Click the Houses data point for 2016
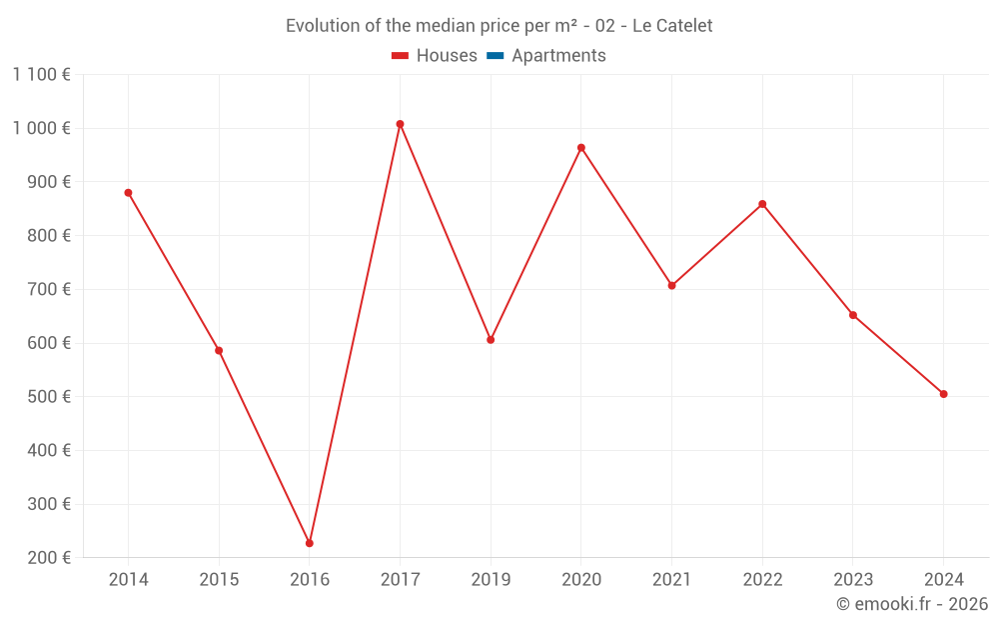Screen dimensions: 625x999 pos(310,543)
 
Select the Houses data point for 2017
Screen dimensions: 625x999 pos(400,124)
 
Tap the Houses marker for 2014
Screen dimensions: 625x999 pos(128,193)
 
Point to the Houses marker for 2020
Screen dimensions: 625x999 pos(581,148)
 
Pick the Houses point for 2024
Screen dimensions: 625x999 pos(944,394)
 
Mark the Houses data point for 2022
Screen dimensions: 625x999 pos(762,204)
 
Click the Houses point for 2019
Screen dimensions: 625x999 pos(491,340)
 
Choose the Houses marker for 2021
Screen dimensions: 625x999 pos(671,286)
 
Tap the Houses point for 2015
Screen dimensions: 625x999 pos(219,351)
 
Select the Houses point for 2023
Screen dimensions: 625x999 pos(853,315)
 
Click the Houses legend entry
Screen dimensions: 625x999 pos(435,56)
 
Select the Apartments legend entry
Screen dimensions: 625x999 pos(546,56)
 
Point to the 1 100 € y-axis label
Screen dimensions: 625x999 pos(41,74)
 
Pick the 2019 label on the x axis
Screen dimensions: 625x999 pos(491,580)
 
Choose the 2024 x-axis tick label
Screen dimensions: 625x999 pos(944,580)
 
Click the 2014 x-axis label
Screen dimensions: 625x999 pos(128,580)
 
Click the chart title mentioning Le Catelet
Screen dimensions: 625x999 pos(499,26)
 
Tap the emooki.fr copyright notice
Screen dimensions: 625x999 pos(912,604)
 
